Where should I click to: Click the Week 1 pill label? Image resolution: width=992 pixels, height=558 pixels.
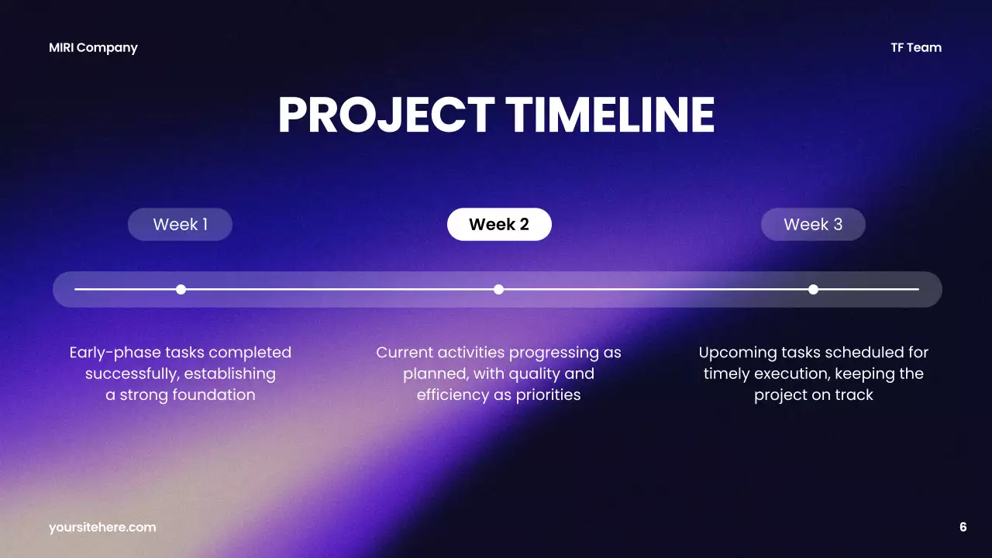(x=180, y=225)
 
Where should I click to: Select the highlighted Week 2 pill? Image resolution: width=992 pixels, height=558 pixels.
(x=499, y=225)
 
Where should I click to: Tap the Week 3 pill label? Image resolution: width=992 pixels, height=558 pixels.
(x=813, y=225)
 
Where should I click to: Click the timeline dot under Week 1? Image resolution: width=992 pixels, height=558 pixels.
(x=181, y=289)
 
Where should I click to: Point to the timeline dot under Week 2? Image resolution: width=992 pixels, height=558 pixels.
(x=498, y=289)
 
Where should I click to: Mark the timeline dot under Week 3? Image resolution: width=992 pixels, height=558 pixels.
(x=813, y=289)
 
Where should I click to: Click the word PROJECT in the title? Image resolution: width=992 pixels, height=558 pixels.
(x=386, y=115)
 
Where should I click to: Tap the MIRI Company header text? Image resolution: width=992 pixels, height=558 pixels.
(x=93, y=47)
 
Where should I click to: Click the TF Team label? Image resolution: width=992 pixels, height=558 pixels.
(x=916, y=47)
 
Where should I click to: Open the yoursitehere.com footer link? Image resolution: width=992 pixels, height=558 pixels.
(x=102, y=527)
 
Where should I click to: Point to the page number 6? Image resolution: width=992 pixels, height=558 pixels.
(x=963, y=527)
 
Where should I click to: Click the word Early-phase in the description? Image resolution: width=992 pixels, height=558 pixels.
(x=115, y=353)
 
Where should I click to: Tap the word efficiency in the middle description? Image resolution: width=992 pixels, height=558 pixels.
(x=452, y=394)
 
